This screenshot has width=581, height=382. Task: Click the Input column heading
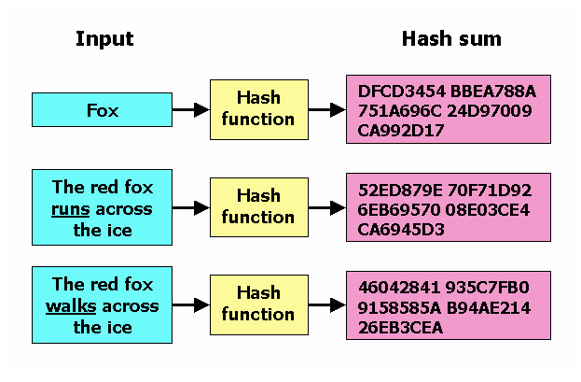tap(104, 39)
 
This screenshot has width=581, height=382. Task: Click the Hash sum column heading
tap(451, 39)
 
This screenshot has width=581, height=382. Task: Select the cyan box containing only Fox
tap(102, 110)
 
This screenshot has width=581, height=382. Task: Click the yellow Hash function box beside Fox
tap(258, 110)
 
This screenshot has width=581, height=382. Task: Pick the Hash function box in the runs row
tap(258, 206)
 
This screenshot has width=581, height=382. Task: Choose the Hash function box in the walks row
tap(258, 304)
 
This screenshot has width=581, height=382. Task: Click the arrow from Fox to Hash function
tap(190, 110)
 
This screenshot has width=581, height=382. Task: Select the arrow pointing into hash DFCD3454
tap(326, 110)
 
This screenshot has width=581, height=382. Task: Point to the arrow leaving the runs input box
tap(190, 206)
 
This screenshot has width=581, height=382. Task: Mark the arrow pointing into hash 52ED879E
tap(326, 206)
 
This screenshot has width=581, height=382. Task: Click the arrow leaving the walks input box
tap(190, 304)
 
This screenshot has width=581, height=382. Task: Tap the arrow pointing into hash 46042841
tap(326, 304)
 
